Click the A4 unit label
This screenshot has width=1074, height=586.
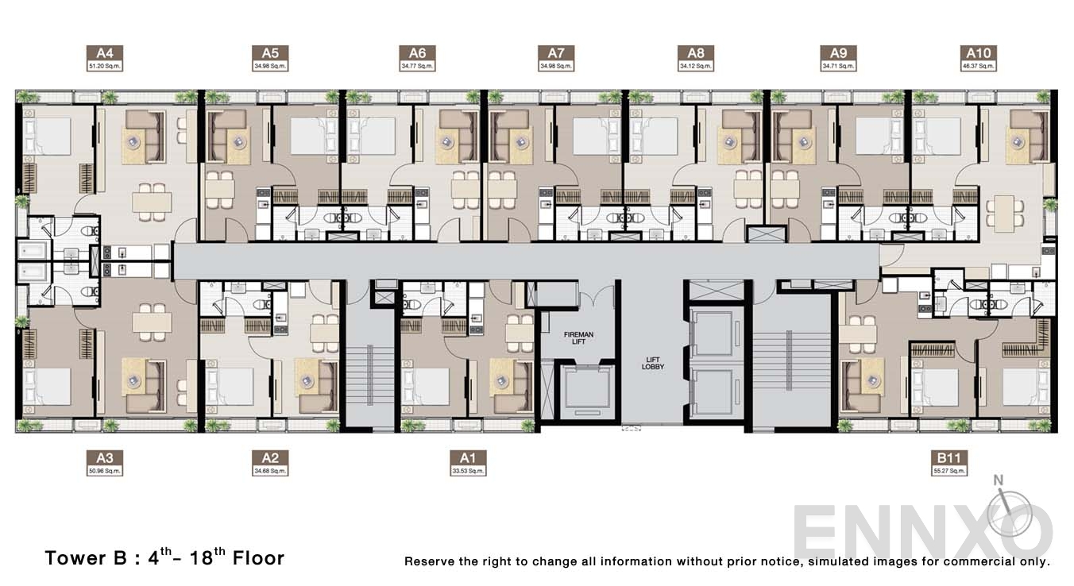click(x=106, y=58)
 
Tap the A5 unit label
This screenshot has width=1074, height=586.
click(x=270, y=58)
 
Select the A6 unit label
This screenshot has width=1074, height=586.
click(x=417, y=58)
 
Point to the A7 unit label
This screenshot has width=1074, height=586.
click(x=555, y=58)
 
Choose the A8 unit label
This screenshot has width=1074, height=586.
click(x=696, y=58)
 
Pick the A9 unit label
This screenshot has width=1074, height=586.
click(x=838, y=58)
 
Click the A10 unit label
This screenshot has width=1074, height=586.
click(x=976, y=58)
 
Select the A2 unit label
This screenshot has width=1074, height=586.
click(x=270, y=462)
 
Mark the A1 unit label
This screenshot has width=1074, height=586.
click(x=467, y=462)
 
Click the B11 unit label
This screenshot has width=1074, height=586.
click(x=949, y=462)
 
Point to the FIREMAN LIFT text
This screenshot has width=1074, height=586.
click(x=579, y=339)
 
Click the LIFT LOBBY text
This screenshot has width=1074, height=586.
click(x=653, y=363)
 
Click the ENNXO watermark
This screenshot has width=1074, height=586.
click(x=921, y=530)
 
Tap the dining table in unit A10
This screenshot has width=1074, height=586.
click(x=1003, y=214)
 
